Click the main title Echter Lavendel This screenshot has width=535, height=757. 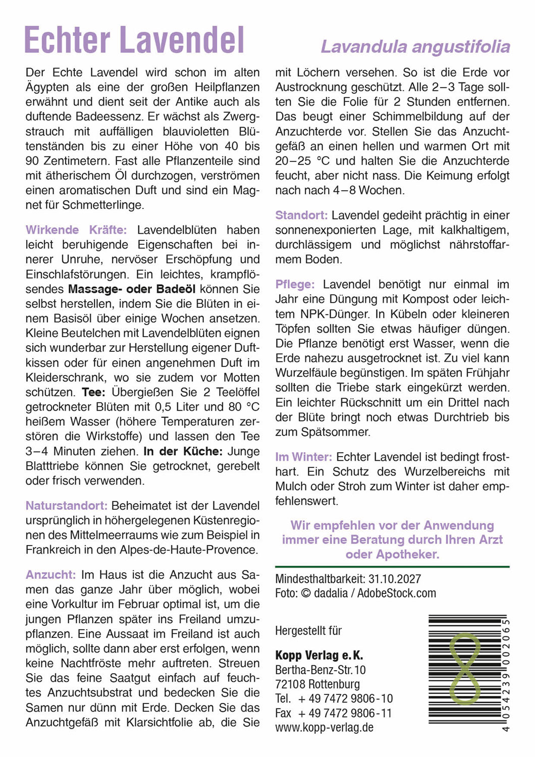point(134,40)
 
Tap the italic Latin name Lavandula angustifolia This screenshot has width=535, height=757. point(415,47)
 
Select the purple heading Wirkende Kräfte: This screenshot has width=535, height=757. point(76,230)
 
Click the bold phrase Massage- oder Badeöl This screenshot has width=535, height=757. point(132,289)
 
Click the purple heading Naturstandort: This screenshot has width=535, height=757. point(67,506)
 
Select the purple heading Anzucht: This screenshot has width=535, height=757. point(50,574)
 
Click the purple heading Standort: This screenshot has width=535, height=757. point(301,215)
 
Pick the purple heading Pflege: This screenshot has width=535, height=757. point(295,285)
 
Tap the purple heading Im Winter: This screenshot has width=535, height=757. point(303,457)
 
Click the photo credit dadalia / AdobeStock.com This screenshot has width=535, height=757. point(375,593)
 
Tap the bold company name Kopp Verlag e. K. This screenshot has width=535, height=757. point(319,656)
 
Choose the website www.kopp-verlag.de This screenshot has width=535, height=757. point(325,728)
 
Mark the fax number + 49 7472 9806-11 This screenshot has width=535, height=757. point(345,714)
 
